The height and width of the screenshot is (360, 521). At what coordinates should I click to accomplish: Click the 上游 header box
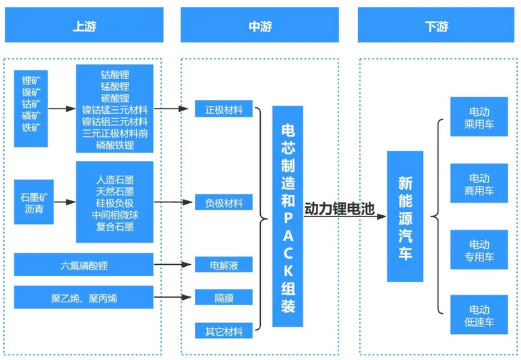(x=84, y=26)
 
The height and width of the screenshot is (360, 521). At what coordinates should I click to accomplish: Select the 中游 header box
(x=259, y=26)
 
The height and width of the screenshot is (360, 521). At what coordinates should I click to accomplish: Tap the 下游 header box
(x=437, y=26)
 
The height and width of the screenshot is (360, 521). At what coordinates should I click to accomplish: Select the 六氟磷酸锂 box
(x=84, y=265)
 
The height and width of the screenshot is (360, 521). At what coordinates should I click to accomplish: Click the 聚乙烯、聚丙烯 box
(x=84, y=298)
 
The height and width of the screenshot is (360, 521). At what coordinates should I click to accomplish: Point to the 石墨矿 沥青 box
(x=32, y=202)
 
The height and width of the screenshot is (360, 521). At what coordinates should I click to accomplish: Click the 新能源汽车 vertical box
(x=405, y=217)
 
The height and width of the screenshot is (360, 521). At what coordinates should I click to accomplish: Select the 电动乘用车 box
(x=479, y=117)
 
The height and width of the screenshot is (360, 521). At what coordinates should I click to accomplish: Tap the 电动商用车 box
(x=479, y=184)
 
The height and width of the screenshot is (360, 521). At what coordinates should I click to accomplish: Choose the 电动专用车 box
(x=479, y=249)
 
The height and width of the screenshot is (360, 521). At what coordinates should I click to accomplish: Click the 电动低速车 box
(x=479, y=315)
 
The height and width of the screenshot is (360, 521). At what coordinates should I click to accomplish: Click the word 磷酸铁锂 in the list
(x=115, y=145)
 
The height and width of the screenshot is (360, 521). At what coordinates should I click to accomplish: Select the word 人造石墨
(x=115, y=179)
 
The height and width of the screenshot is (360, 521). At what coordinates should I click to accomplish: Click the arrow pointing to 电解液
(x=176, y=265)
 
